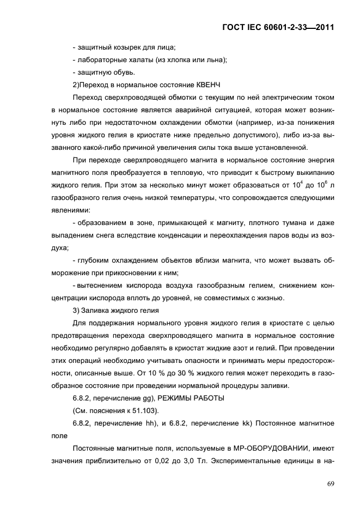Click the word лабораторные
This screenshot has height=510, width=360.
[101, 59]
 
